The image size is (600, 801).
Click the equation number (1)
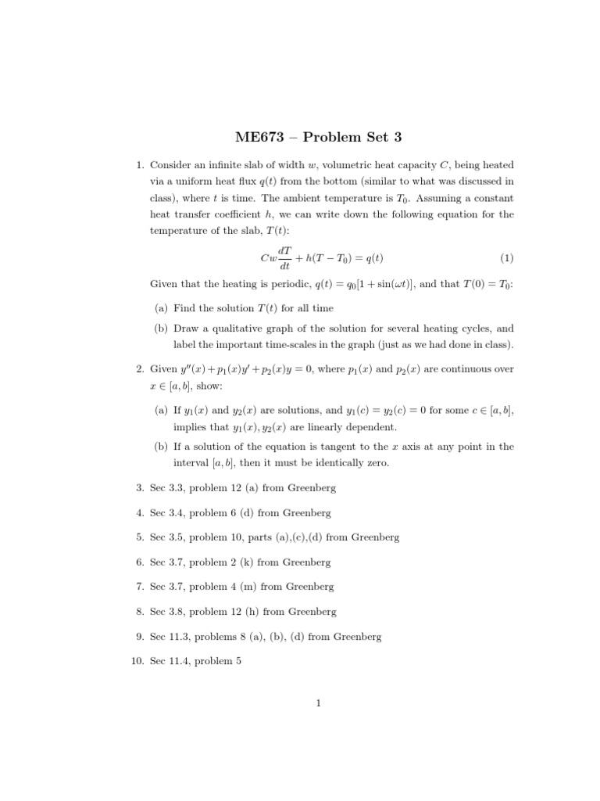(506, 258)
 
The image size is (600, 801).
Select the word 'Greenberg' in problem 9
(357, 637)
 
